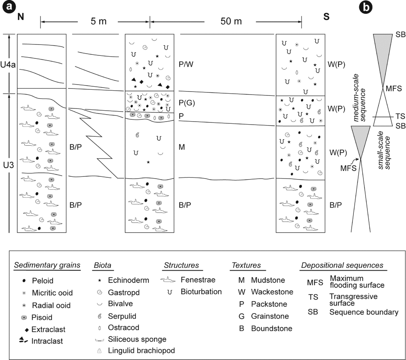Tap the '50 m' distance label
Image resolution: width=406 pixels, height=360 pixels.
click(231, 22)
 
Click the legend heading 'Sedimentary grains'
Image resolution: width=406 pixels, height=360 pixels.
click(47, 266)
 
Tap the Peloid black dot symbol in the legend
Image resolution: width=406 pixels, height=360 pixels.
click(24, 281)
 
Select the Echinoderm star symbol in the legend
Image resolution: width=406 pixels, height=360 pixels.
click(100, 280)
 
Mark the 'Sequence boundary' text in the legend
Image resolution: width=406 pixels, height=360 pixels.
click(364, 312)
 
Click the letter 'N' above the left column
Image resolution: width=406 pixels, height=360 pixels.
click(21, 17)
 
